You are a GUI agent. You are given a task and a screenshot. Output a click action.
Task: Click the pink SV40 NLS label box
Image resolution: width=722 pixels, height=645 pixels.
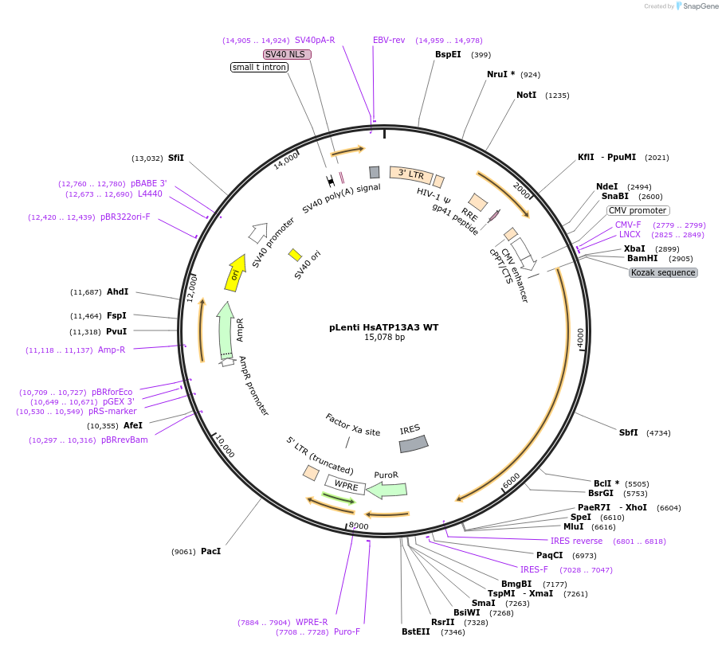click(287, 54)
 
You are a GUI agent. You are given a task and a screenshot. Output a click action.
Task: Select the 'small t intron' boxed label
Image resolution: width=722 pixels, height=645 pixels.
click(259, 67)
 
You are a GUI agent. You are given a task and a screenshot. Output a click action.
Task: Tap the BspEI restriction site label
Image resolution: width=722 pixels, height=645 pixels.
click(448, 55)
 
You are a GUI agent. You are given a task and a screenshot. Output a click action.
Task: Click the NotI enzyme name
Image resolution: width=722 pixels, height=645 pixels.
click(526, 95)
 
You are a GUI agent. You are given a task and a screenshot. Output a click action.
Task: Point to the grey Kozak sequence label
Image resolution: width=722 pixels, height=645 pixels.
click(663, 272)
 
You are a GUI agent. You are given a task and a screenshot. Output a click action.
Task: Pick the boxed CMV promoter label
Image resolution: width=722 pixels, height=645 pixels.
click(637, 210)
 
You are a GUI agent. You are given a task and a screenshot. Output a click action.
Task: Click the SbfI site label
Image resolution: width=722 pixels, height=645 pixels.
click(629, 432)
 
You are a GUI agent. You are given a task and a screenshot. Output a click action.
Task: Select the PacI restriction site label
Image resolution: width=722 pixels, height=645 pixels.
click(210, 551)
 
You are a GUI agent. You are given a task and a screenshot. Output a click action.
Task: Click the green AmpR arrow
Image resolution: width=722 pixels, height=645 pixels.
click(226, 330)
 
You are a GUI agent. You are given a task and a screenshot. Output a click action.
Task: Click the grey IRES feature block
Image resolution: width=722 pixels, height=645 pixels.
click(414, 444)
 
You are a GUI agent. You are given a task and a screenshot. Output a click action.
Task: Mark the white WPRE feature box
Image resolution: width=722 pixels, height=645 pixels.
click(345, 484)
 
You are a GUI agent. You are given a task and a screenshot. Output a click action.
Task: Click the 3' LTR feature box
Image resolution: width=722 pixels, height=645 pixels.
click(411, 174)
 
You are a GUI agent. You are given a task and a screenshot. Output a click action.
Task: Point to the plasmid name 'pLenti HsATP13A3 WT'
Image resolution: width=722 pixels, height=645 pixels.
click(384, 327)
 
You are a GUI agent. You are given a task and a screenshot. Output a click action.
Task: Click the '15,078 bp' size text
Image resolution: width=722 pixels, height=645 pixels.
click(384, 338)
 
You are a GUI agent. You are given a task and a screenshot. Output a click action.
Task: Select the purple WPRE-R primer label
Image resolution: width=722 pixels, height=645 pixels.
click(312, 622)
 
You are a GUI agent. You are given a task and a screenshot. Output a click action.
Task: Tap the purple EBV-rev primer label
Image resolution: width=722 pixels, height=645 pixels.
click(389, 40)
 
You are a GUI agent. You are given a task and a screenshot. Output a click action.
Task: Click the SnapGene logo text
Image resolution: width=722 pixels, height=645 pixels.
click(701, 6)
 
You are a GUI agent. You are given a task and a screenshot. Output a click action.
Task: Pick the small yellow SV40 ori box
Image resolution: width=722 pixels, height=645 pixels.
click(295, 255)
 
